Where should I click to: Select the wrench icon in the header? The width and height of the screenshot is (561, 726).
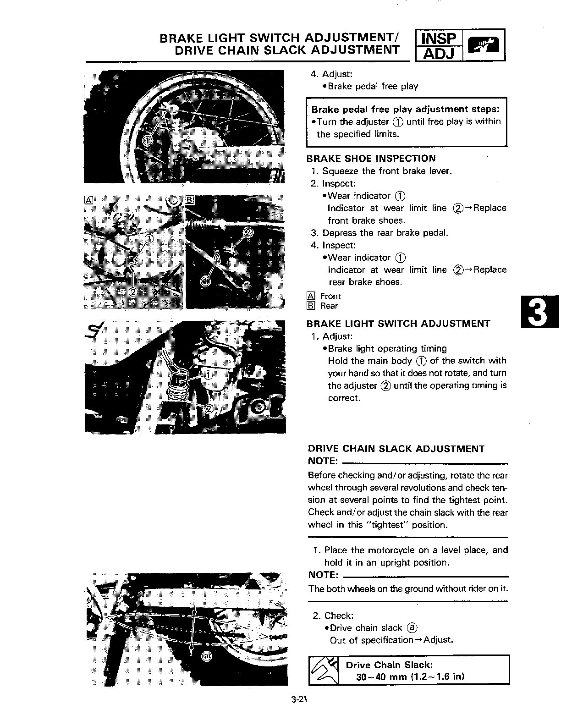click(484, 45)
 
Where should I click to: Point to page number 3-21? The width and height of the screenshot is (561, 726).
click(298, 699)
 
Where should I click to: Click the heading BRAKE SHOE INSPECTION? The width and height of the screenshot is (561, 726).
click(371, 159)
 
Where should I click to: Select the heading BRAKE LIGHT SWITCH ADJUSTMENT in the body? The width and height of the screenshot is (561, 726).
click(398, 324)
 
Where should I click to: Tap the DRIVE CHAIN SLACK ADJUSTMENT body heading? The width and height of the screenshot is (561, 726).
click(396, 449)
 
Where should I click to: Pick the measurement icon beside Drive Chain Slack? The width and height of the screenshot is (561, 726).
click(324, 670)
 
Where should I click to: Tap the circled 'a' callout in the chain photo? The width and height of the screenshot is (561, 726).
click(206, 656)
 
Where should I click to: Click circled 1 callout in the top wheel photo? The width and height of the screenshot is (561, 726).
click(146, 140)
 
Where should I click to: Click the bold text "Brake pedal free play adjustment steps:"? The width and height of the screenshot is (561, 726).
click(405, 109)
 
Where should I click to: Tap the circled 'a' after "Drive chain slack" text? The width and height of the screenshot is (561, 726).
click(412, 627)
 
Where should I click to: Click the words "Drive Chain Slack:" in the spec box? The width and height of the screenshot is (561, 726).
click(389, 665)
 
